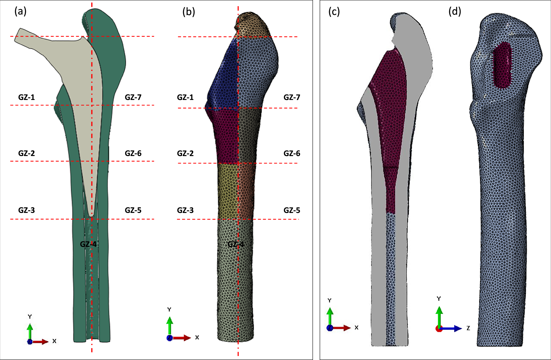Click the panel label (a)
[20, 11]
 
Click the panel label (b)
[189, 12]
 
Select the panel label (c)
[334, 12]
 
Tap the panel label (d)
[455, 11]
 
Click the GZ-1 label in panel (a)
[27, 97]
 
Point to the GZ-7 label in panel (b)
[292, 98]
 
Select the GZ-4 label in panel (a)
[88, 244]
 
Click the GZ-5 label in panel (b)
[292, 210]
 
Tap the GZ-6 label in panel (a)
[133, 153]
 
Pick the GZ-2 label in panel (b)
[185, 153]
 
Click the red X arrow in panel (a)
[41, 341]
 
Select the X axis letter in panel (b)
[197, 337]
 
